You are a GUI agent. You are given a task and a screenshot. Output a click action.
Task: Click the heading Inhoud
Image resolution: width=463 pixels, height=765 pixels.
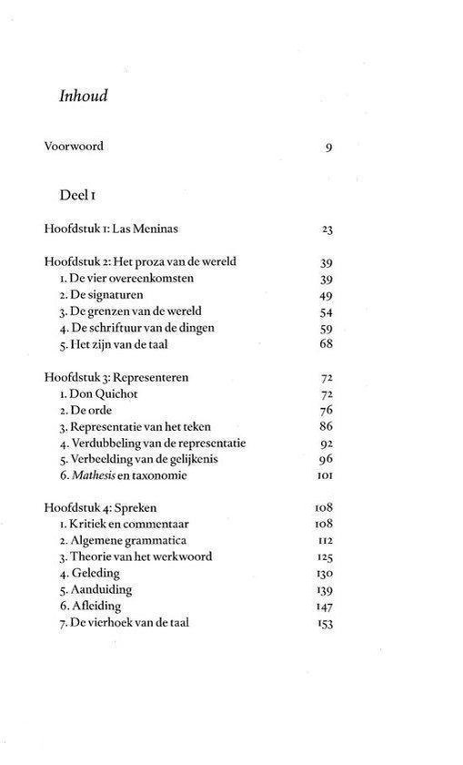[x=83, y=95]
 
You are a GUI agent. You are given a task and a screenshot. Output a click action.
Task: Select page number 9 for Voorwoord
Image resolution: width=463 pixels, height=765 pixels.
[x=328, y=148]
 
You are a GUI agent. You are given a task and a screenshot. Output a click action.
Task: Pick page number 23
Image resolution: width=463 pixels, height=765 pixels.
[x=327, y=229]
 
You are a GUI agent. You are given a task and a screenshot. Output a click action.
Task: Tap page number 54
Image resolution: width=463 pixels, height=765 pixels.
[x=327, y=311]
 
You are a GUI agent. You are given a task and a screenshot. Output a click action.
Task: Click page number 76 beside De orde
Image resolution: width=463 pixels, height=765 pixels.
[x=327, y=410]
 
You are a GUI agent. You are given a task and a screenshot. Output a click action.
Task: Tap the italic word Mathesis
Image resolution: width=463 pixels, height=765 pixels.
[x=94, y=475]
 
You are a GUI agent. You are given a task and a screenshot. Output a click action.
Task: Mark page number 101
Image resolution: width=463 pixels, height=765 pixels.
[x=326, y=476]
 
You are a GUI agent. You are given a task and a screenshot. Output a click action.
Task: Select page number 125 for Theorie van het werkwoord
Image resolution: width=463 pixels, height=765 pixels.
[x=325, y=557]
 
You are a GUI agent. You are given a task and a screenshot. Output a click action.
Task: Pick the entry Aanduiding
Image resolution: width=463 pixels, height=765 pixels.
[x=99, y=590]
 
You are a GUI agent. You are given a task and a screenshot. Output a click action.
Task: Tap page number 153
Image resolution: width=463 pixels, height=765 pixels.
[x=325, y=623]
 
